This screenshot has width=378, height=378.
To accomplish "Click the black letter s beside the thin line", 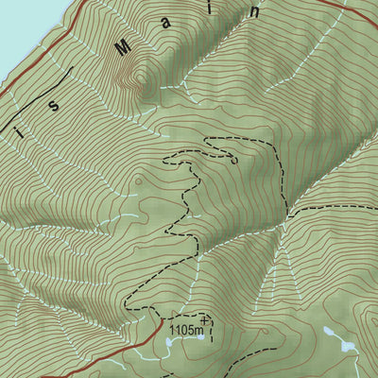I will click(54, 105).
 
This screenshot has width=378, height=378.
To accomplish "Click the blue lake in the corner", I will click(17, 28).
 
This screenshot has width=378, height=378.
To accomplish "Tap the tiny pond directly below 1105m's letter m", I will click(196, 346).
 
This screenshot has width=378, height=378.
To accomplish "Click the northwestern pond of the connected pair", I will click(328, 333).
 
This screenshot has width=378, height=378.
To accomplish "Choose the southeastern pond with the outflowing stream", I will click(349, 348).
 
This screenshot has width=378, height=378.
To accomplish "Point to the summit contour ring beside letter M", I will click(142, 77).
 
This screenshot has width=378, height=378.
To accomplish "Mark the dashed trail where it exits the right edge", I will click(374, 201).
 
